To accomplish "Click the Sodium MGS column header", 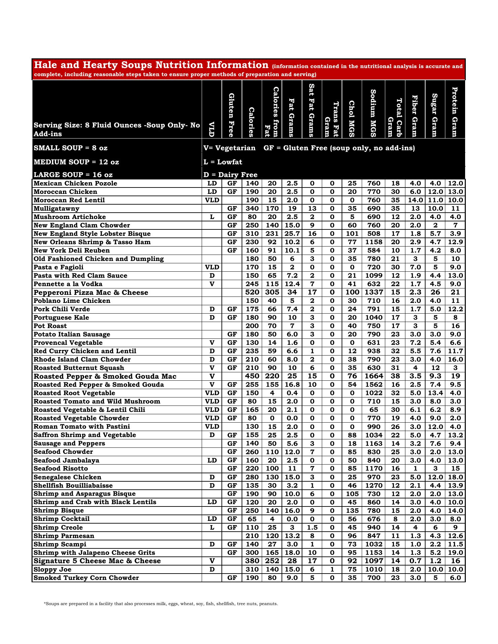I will point(373,112).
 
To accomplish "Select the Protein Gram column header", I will point(455,112).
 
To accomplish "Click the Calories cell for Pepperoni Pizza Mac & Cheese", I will point(252,292).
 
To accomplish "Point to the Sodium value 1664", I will point(373,376).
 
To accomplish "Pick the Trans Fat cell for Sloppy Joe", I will point(332,569).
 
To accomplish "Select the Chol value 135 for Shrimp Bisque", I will point(352,511).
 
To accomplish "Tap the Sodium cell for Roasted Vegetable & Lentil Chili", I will point(373,410).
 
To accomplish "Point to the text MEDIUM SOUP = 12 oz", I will point(76,162).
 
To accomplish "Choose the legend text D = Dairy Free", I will point(231,175).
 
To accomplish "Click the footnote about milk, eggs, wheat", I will point(161,604).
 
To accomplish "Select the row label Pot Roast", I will point(50,326).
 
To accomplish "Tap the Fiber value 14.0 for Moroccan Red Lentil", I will point(415,200).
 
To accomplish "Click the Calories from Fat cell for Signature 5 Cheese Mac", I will point(272,561).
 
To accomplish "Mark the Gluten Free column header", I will point(232,115).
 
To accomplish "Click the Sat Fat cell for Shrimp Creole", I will point(312,527).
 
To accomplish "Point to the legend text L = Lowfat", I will point(223,162).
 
